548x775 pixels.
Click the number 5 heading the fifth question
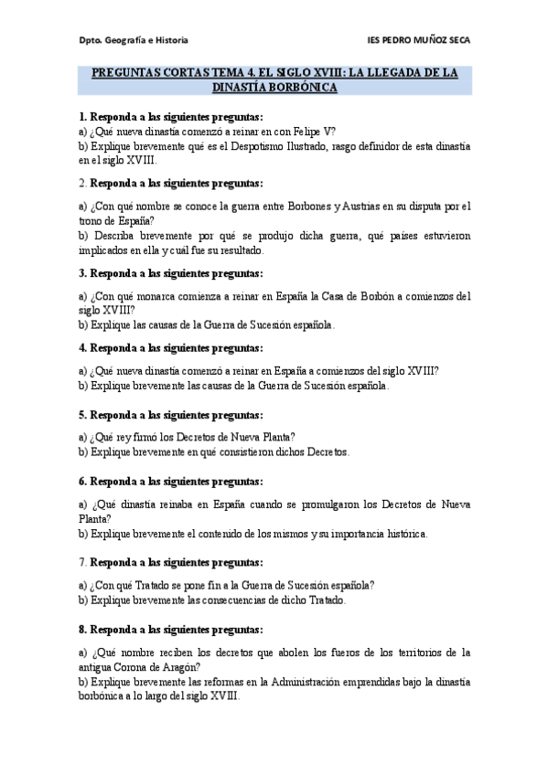click(81, 414)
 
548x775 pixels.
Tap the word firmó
click(147, 435)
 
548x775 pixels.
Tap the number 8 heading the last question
click(81, 630)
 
